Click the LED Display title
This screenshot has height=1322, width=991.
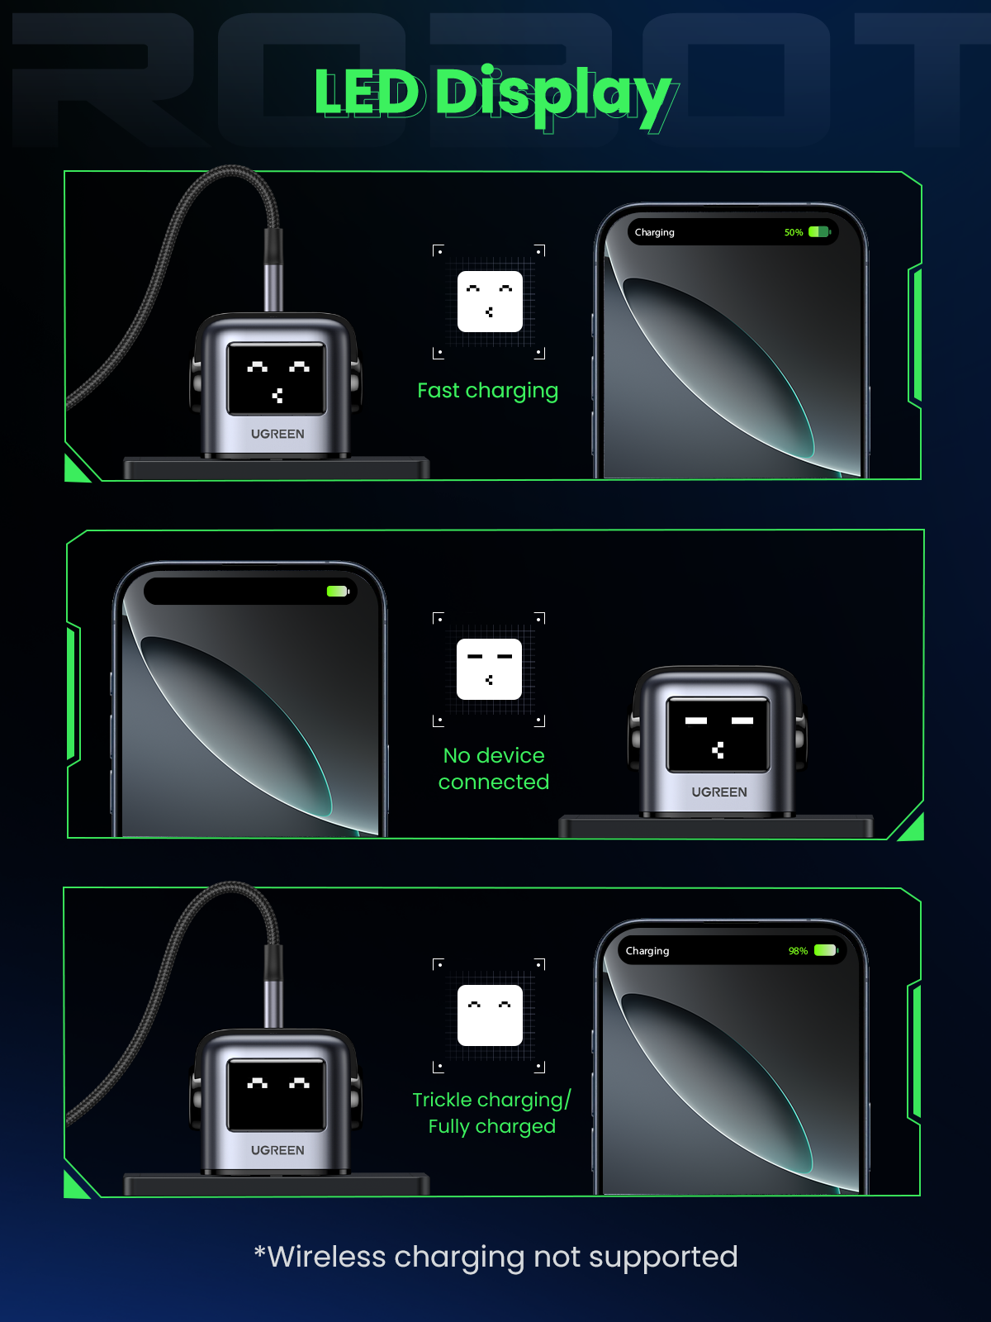coord(493,93)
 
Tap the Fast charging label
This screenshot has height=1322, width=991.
coord(487,390)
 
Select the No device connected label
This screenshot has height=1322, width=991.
coord(493,768)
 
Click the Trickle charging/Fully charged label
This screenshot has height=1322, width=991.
coord(491,1113)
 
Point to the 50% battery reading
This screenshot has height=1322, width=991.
coord(794,232)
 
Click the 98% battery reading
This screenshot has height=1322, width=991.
coord(798,951)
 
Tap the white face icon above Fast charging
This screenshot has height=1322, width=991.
coord(490,302)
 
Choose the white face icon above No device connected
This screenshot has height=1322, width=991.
coord(489,669)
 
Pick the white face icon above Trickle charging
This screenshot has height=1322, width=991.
coord(490,1015)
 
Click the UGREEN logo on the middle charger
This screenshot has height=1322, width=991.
coord(718,792)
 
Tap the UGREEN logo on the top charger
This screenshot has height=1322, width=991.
coord(277,434)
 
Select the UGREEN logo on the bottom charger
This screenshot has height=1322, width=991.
coord(277,1150)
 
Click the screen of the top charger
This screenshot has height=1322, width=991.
coord(277,378)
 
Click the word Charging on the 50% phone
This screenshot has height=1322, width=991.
coord(654,232)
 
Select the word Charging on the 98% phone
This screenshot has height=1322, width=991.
coord(647,951)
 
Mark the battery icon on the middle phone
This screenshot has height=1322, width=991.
coord(338,591)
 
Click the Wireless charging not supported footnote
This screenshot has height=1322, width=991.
coord(495,1257)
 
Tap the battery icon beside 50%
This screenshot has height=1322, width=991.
coord(819,232)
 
